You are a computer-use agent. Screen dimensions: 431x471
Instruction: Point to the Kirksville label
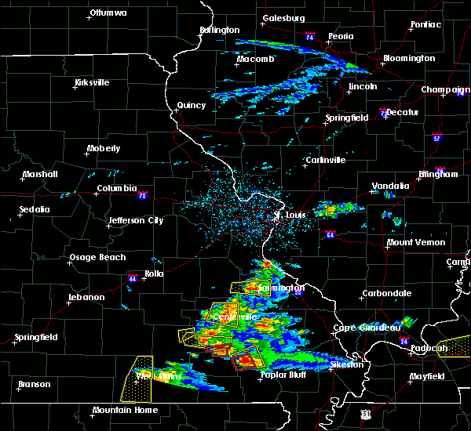(x=92, y=82)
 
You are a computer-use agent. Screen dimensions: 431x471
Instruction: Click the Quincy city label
(x=192, y=105)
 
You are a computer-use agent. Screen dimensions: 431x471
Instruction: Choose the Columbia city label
(x=116, y=188)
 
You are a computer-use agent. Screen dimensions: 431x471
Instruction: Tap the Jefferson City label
(x=136, y=220)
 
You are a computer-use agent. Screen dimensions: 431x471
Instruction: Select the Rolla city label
(x=153, y=273)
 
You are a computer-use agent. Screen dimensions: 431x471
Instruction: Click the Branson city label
(x=35, y=384)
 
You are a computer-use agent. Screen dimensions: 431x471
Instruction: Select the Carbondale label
(x=386, y=293)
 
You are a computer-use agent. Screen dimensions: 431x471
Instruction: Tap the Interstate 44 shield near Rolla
(x=131, y=277)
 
